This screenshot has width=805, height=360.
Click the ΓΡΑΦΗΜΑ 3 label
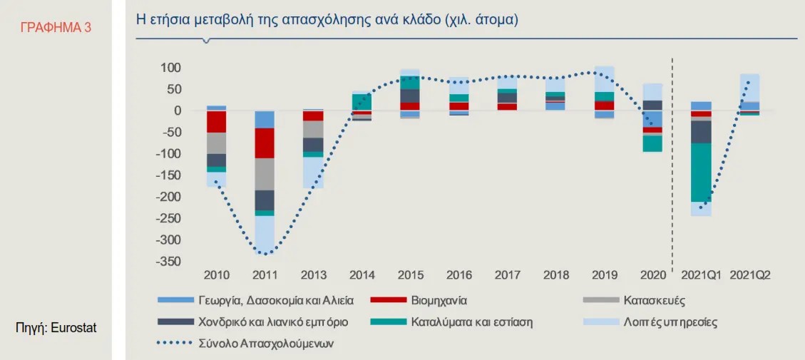56,28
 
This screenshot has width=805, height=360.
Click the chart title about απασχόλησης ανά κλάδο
327,19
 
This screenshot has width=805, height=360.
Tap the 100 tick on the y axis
171,68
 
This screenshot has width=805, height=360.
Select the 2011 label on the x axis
265,275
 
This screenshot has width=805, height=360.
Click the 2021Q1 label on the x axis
701,275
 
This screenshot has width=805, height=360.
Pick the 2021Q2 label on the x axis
749,275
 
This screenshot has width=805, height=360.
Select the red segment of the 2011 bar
265,143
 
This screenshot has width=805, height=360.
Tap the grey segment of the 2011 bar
265,174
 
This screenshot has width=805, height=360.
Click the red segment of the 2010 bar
217,121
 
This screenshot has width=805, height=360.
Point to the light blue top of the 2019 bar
604,79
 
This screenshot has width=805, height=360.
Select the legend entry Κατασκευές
654,301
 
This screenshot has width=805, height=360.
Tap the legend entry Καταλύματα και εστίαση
471,322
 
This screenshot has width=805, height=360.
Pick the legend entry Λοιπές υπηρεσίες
670,322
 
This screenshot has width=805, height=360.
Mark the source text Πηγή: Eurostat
56,328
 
